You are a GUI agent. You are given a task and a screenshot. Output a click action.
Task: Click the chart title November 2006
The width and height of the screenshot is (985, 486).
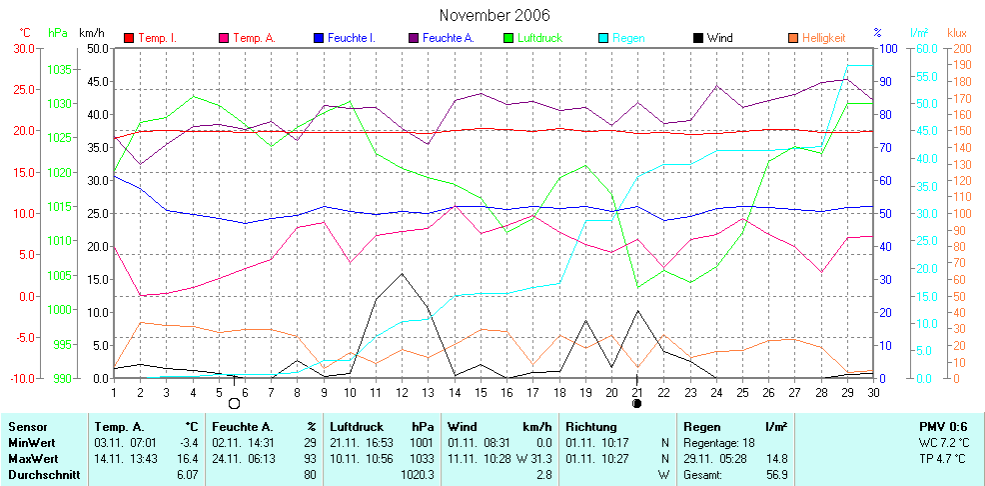[x=493, y=15]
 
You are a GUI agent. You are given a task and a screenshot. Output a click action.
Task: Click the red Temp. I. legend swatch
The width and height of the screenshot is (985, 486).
[x=128, y=38]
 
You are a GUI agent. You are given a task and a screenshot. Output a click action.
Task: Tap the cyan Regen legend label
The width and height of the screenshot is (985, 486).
[x=628, y=38]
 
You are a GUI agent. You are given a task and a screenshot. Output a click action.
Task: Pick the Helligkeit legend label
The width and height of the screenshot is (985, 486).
[x=823, y=38]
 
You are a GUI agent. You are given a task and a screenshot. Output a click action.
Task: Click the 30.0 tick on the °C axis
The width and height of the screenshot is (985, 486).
[x=23, y=48]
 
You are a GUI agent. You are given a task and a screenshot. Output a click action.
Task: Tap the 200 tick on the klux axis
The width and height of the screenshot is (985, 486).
[x=958, y=48]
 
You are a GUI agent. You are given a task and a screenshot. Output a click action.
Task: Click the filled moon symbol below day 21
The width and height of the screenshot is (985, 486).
[x=637, y=404]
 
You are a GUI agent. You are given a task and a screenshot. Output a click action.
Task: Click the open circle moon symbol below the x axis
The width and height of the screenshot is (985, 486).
[x=235, y=404]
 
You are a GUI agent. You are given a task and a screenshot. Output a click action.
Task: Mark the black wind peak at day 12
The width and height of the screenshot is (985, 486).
[x=402, y=273]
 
